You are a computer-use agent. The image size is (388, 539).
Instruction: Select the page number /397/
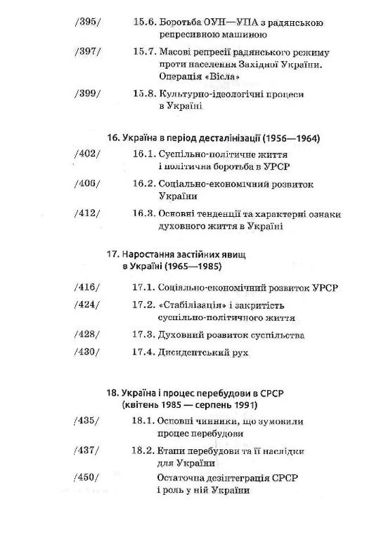click(x=87, y=53)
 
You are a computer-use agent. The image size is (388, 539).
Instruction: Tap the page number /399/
click(x=87, y=94)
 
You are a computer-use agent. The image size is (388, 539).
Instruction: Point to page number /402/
click(x=87, y=153)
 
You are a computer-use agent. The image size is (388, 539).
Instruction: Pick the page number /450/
click(x=87, y=478)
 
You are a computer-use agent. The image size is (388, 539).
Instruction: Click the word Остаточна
click(x=184, y=478)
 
